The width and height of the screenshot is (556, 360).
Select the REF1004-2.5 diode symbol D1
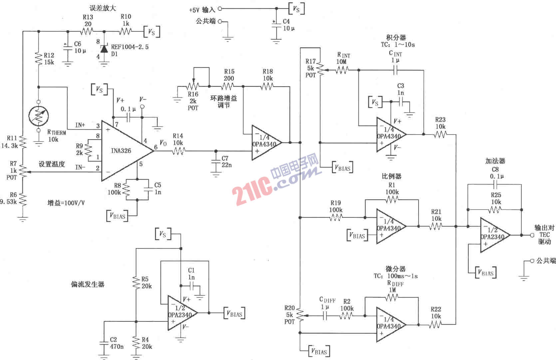(104, 49)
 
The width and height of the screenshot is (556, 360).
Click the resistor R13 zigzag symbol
(88, 32)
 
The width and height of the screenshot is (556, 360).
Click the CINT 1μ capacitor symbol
(396, 70)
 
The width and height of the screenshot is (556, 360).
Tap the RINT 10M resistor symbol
(342, 70)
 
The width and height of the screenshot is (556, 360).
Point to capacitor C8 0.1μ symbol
(495, 184)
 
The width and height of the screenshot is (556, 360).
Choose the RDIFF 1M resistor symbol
(392, 297)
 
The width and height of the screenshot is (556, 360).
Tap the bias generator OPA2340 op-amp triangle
(181, 313)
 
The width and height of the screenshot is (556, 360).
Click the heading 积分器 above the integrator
(396, 37)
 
